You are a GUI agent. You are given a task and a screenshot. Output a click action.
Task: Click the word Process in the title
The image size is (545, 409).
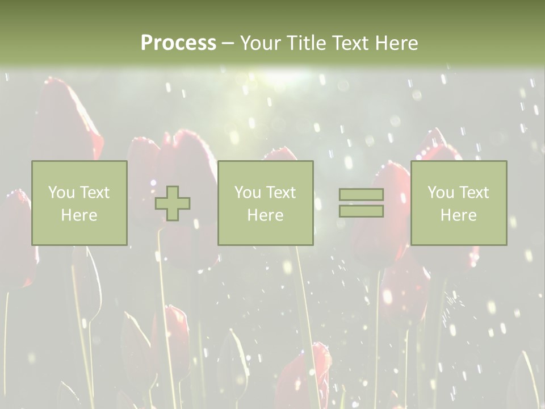[178, 43]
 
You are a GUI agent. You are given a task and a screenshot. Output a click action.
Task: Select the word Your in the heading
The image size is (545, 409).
[260, 43]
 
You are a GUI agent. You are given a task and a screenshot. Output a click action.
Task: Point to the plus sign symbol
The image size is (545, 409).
[173, 203]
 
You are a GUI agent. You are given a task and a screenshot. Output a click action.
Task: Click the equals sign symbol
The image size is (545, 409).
[361, 203]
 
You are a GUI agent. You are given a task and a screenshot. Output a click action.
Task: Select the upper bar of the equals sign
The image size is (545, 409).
[361, 195]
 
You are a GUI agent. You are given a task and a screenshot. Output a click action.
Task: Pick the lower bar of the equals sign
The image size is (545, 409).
[361, 211]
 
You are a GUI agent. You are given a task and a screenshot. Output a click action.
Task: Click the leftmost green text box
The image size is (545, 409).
[79, 203]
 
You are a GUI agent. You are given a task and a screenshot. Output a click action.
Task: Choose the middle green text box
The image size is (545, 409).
[265, 203]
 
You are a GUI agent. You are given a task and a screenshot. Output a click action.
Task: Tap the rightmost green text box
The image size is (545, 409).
[458, 203]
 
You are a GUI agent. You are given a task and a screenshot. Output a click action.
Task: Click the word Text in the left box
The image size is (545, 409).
[94, 193]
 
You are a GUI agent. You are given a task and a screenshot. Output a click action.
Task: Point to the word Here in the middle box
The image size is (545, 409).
[265, 215]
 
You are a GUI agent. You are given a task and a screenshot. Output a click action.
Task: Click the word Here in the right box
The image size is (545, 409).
[458, 215]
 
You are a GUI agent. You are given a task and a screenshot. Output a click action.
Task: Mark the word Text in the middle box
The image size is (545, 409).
[280, 193]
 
